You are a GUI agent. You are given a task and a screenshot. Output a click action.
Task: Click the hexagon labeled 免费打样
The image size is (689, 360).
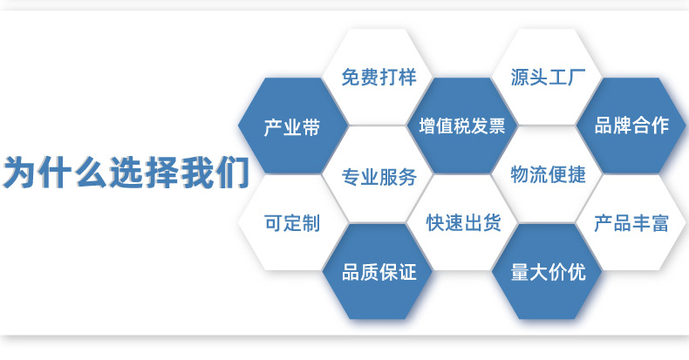(x=379, y=77)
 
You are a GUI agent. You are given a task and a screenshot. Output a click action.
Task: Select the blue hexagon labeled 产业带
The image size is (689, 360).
(x=292, y=127)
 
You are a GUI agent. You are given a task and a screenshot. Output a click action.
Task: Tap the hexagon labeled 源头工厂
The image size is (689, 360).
(x=549, y=77)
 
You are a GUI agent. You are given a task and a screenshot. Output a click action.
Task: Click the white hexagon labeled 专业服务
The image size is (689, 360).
(x=379, y=176)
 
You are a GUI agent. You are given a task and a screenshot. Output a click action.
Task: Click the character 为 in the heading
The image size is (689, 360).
(x=20, y=173)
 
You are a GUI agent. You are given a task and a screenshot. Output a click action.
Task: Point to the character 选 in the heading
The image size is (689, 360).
(x=126, y=173)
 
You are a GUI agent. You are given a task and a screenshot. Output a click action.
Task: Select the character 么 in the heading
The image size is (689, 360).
(x=90, y=173)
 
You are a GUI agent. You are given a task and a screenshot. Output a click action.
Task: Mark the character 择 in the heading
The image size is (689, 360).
(x=160, y=173)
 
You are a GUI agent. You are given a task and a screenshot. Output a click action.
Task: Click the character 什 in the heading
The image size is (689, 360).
(x=55, y=173)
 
